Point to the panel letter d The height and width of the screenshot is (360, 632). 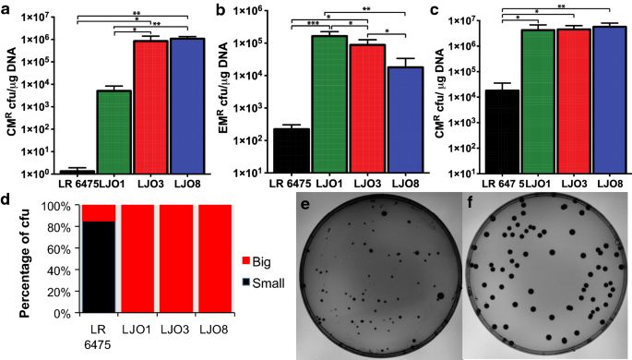pyautogui.click(x=7, y=197)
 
